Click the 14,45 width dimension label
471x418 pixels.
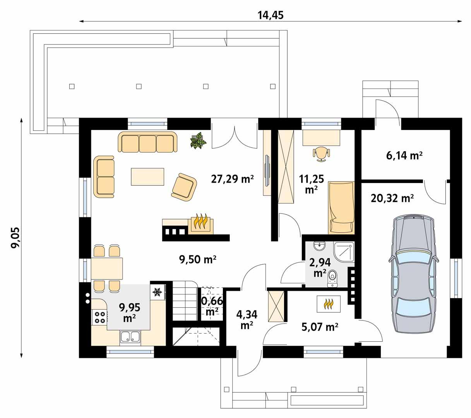tap(271, 15)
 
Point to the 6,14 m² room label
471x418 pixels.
tap(404, 156)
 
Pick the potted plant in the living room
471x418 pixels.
tap(199, 140)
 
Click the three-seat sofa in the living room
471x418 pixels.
tap(147, 142)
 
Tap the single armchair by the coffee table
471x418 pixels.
tap(184, 187)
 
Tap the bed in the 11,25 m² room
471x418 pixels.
tap(341, 207)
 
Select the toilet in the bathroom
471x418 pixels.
tap(332, 278)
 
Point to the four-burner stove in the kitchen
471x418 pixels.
tap(99, 317)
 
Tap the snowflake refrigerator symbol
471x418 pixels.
tap(157, 292)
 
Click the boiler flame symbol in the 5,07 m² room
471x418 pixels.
tap(329, 304)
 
